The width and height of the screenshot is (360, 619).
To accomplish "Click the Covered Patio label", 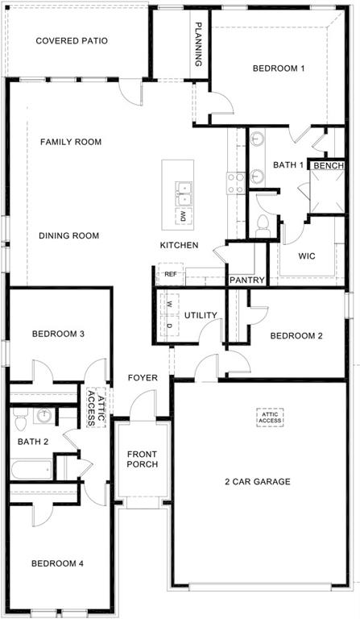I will (72, 40).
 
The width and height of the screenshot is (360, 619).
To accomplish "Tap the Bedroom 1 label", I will (279, 69).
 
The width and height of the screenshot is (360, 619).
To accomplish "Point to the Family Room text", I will (71, 142).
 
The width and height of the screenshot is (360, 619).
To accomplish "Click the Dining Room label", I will (69, 236).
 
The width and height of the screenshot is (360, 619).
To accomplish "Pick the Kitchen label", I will (179, 245).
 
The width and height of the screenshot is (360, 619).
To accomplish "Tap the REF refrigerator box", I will (170, 274).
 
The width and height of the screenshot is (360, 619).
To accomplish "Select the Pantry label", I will (247, 280).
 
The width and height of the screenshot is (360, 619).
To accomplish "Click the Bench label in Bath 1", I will (329, 166).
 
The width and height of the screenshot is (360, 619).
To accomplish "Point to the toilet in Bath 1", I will (262, 225).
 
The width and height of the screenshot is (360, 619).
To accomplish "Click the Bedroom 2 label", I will (296, 336).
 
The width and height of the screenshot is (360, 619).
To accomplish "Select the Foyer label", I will (143, 378).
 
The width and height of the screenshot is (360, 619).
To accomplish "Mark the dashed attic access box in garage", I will (271, 417).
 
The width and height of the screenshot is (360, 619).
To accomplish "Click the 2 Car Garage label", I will (258, 482).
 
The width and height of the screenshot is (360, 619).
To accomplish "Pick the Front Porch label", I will (142, 459).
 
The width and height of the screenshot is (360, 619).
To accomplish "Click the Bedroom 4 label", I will (58, 563).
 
